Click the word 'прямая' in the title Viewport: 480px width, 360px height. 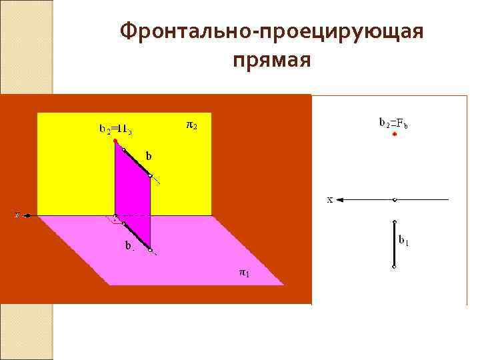coord(272,61)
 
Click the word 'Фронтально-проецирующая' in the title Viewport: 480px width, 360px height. coord(272,32)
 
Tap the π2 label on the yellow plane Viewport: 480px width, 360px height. coord(191,125)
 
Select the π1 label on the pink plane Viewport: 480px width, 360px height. coord(245,272)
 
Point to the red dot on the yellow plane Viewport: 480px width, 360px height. coord(115,141)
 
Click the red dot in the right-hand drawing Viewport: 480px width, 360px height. coord(395,134)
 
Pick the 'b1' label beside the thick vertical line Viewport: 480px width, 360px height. coord(403,240)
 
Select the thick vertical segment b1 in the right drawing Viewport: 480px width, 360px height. coord(395,244)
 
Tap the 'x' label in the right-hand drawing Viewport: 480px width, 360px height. coord(329,199)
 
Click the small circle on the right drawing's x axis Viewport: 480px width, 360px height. coord(395,199)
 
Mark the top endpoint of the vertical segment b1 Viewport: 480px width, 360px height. coord(395,222)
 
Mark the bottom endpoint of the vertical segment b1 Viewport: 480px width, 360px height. coord(395,267)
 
